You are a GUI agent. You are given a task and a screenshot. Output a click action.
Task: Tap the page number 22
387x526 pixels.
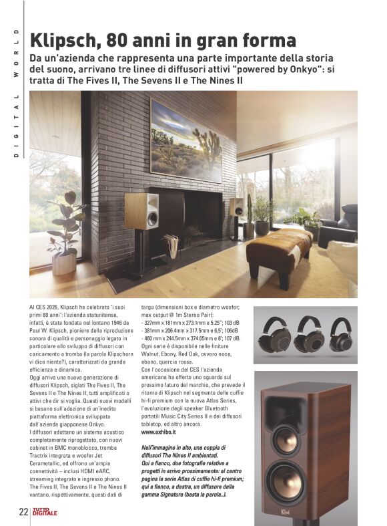[23, 513]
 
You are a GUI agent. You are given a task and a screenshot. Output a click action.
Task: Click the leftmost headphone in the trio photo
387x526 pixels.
[274, 337]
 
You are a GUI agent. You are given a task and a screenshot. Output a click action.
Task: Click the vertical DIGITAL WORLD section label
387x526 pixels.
[13, 93]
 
